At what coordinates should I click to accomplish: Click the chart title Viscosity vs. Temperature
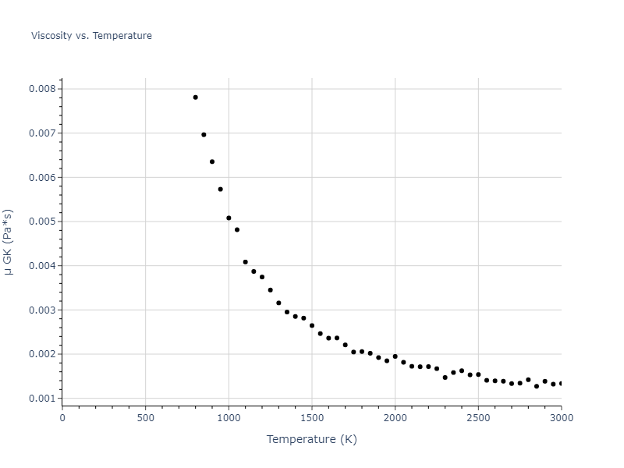(x=91, y=36)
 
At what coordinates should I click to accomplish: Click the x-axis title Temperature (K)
(x=311, y=439)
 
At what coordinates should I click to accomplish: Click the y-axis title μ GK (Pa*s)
(x=9, y=242)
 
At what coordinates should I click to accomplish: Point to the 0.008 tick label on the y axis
(x=42, y=89)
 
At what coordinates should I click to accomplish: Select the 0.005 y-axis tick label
(x=42, y=222)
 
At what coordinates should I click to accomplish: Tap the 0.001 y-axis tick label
(x=42, y=399)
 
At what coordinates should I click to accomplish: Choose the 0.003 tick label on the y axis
(x=42, y=310)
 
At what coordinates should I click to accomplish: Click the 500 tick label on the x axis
(x=145, y=418)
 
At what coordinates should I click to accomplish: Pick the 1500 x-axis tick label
(x=312, y=418)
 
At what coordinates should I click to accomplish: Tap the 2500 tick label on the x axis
(x=478, y=418)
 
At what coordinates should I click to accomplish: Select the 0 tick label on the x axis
(x=62, y=418)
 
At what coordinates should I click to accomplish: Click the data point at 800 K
(x=195, y=97)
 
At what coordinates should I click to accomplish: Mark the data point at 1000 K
(x=229, y=218)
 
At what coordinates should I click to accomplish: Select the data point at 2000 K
(x=395, y=356)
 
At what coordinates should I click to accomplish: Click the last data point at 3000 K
(x=561, y=384)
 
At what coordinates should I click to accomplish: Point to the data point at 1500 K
(x=312, y=325)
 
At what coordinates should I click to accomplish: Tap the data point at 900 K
(x=212, y=162)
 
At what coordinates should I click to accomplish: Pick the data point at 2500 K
(x=478, y=374)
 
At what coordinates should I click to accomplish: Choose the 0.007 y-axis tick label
(x=42, y=133)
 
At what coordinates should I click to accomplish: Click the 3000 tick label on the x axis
(x=561, y=418)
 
